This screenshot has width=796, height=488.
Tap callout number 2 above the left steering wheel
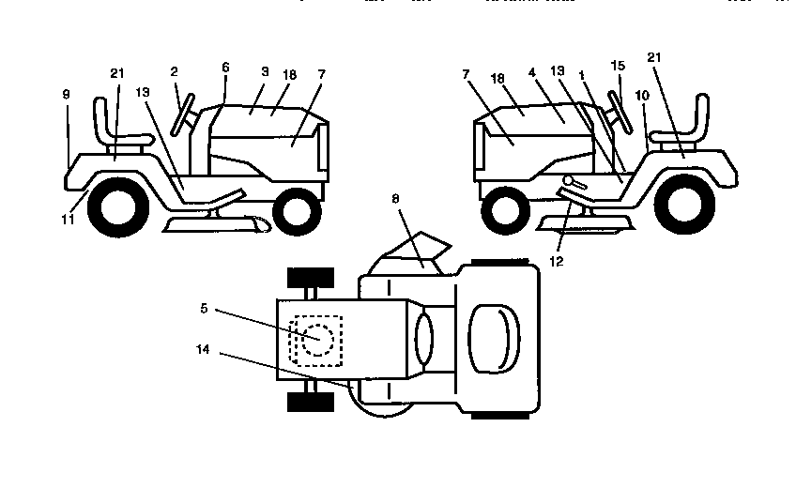coord(175,71)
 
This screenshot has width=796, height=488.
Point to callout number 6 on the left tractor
coord(225,68)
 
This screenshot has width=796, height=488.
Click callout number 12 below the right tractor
coord(556,261)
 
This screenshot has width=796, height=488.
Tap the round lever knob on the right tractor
coord(569,181)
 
